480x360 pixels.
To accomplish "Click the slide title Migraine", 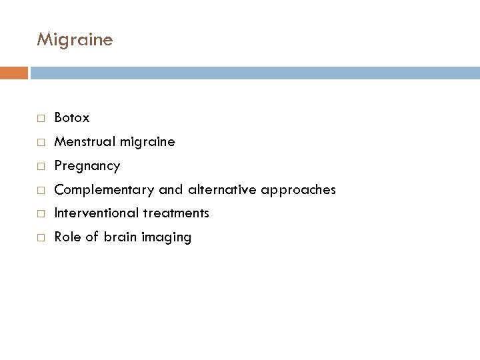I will [x=75, y=40].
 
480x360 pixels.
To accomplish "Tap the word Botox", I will [x=72, y=118].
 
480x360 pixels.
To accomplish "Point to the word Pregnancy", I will [x=87, y=166].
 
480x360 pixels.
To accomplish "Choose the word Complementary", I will [x=105, y=190].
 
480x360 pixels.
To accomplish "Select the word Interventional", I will [x=95, y=213].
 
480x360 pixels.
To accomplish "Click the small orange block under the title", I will [x=14, y=72].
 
